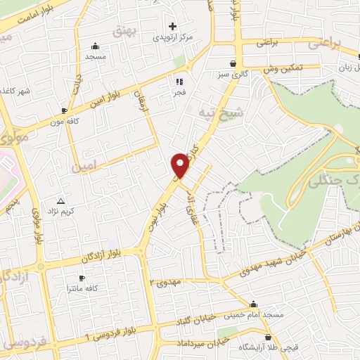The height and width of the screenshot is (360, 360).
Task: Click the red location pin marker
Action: [181, 166]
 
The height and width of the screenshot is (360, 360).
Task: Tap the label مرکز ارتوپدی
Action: [172, 36]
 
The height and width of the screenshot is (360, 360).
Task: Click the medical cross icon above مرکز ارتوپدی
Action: [172, 25]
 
